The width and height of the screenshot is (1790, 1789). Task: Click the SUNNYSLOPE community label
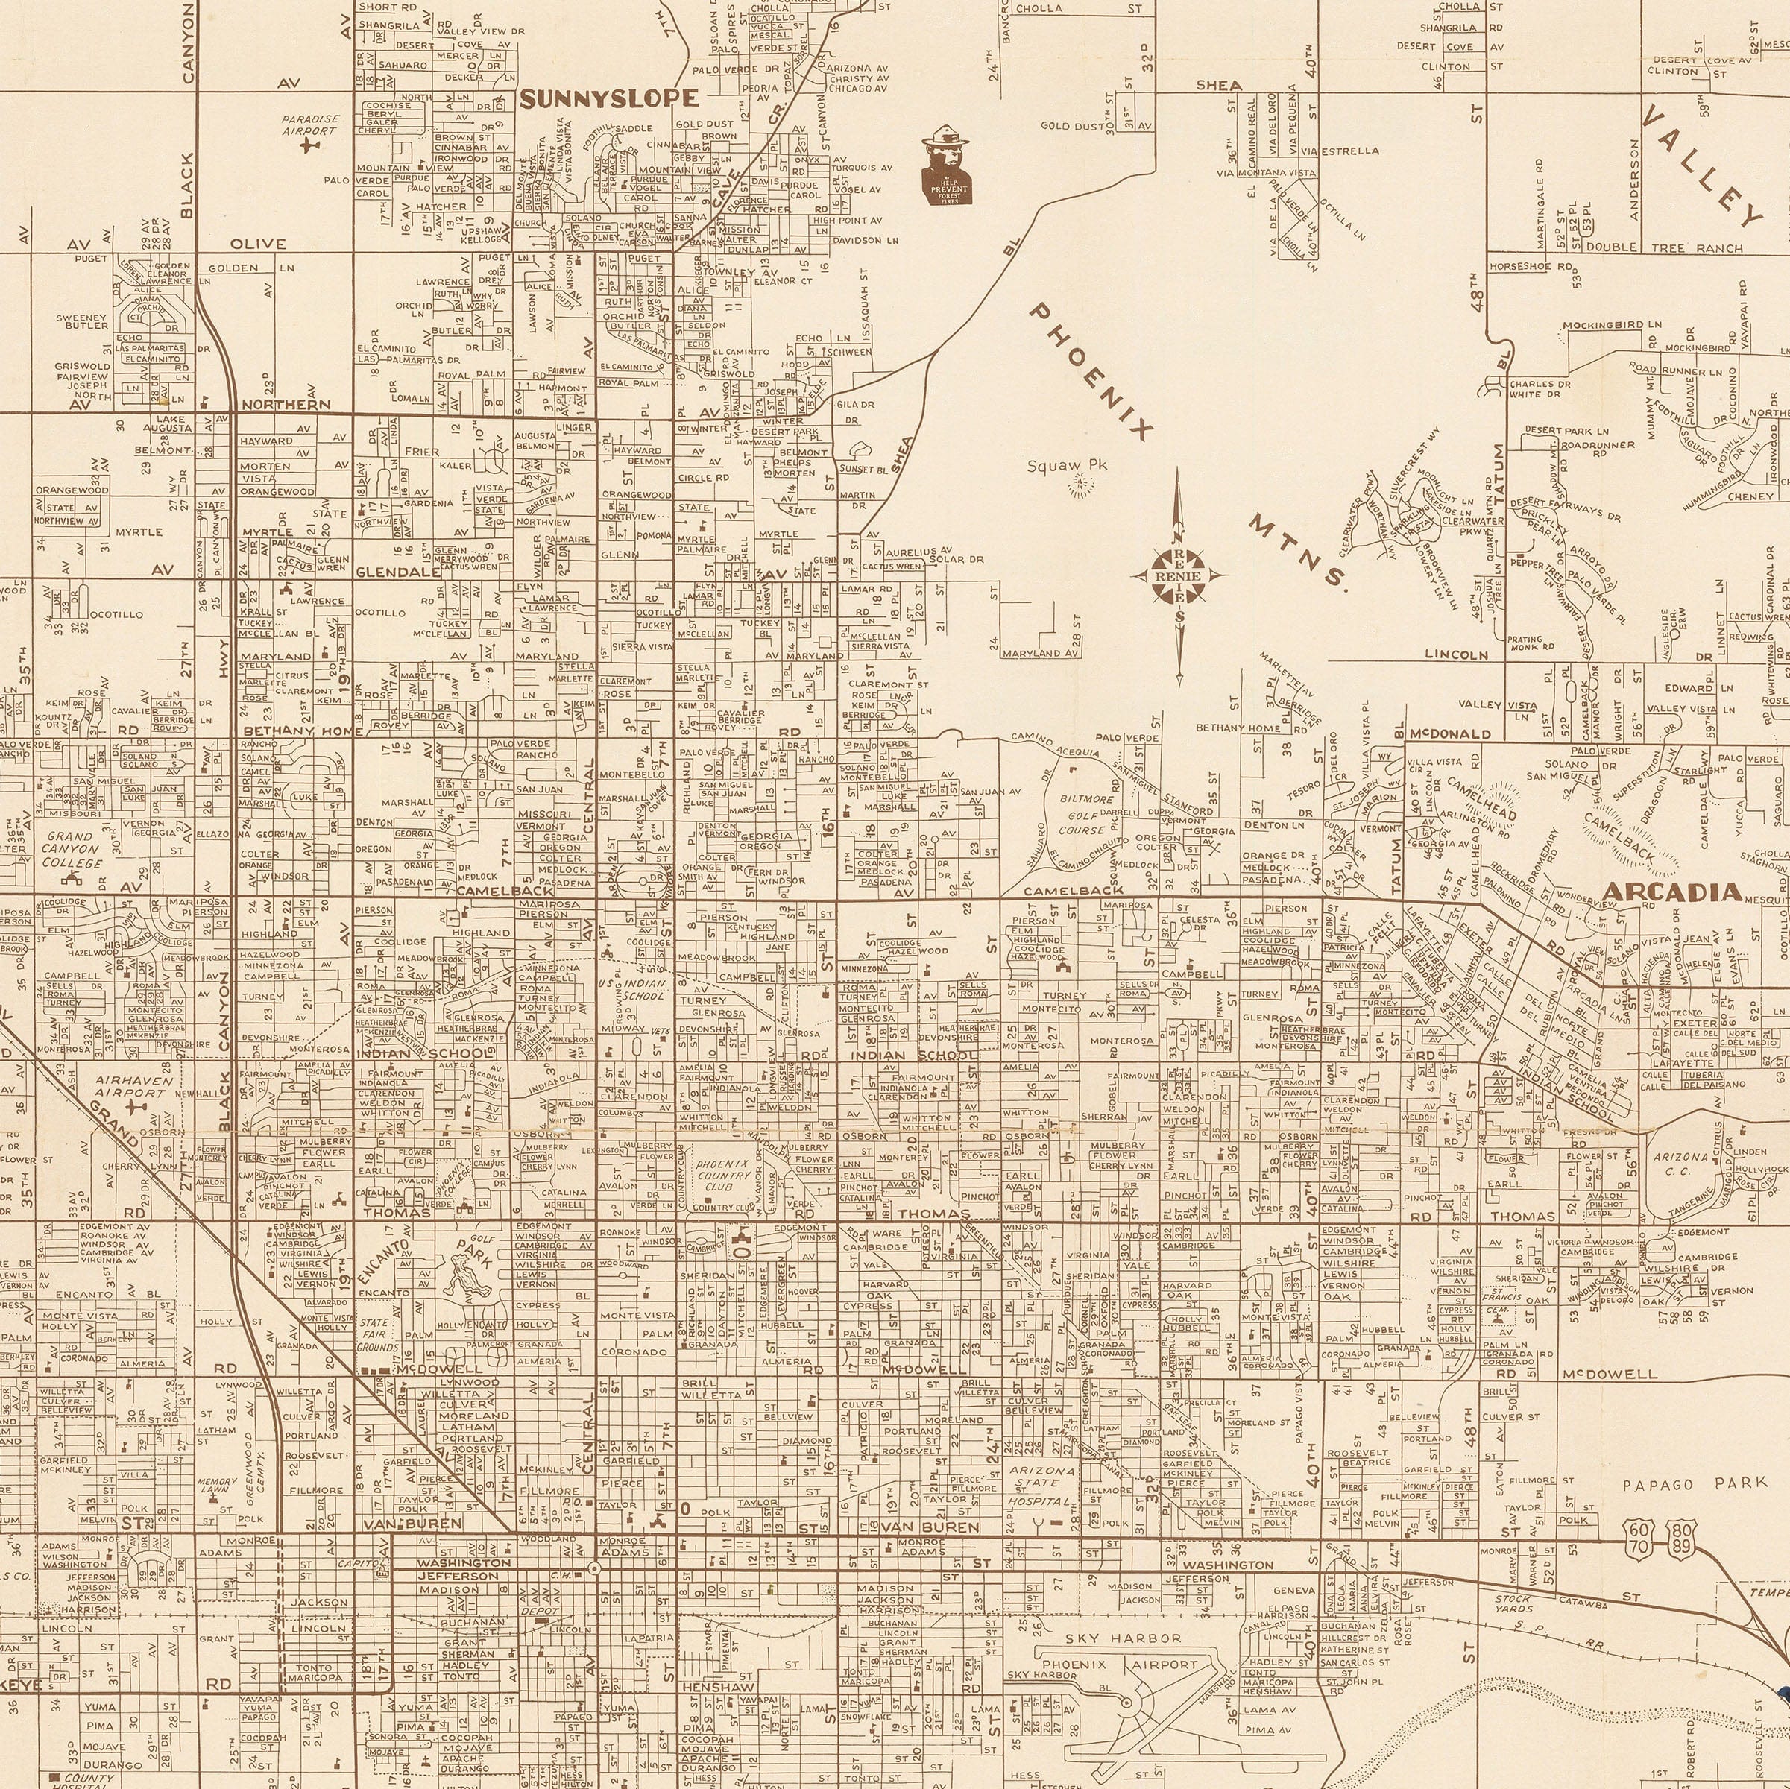coord(608,99)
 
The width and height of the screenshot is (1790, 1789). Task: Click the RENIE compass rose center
coord(1178,576)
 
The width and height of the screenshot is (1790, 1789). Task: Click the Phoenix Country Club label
coord(724,1176)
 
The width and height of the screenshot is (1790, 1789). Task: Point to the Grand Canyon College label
coord(69,848)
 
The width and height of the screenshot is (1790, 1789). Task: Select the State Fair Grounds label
coord(377,1334)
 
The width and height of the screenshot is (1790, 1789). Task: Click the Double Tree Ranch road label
coord(1664,247)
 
